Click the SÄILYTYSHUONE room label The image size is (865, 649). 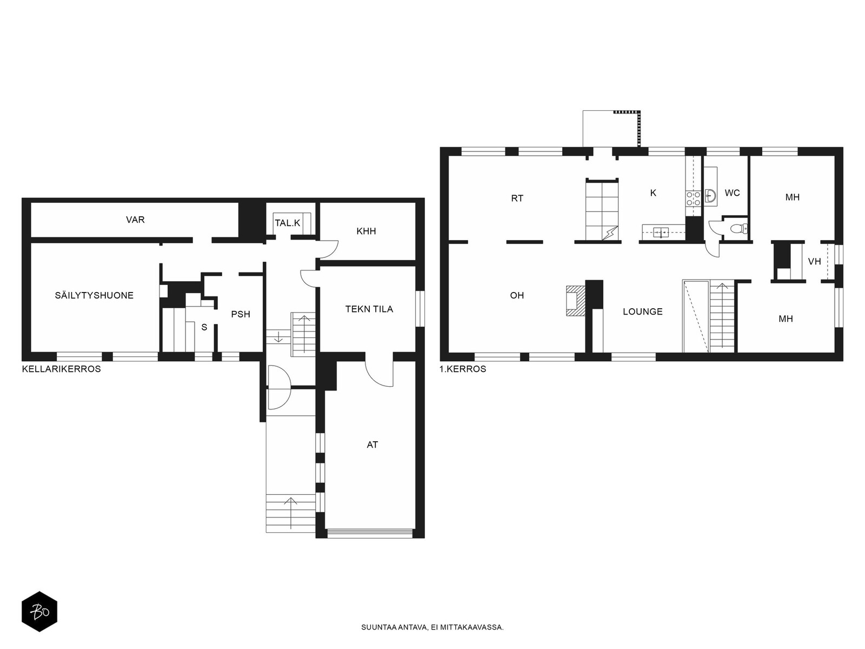(94, 295)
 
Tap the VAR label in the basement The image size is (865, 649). (135, 220)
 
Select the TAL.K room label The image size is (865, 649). (287, 223)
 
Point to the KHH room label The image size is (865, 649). (366, 231)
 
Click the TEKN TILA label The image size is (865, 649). (369, 309)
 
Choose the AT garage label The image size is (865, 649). (372, 445)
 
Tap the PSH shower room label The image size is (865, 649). (241, 314)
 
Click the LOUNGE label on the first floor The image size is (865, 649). (643, 312)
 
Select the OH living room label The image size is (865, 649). (517, 295)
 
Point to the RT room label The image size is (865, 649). (517, 198)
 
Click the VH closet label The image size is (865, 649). (814, 261)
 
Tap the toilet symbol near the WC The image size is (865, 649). (739, 228)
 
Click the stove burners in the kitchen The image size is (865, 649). (693, 198)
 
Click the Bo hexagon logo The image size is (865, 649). (39, 612)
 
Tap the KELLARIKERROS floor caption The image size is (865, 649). (62, 369)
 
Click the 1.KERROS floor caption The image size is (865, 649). (463, 369)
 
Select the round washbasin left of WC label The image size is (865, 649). (710, 195)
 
